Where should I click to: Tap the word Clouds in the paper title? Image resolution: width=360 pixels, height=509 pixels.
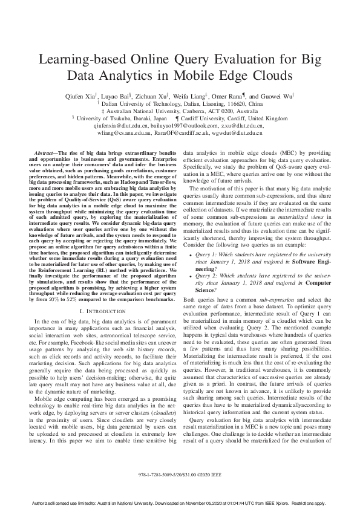(268, 76)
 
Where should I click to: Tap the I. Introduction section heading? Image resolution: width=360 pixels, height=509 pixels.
(103, 310)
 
